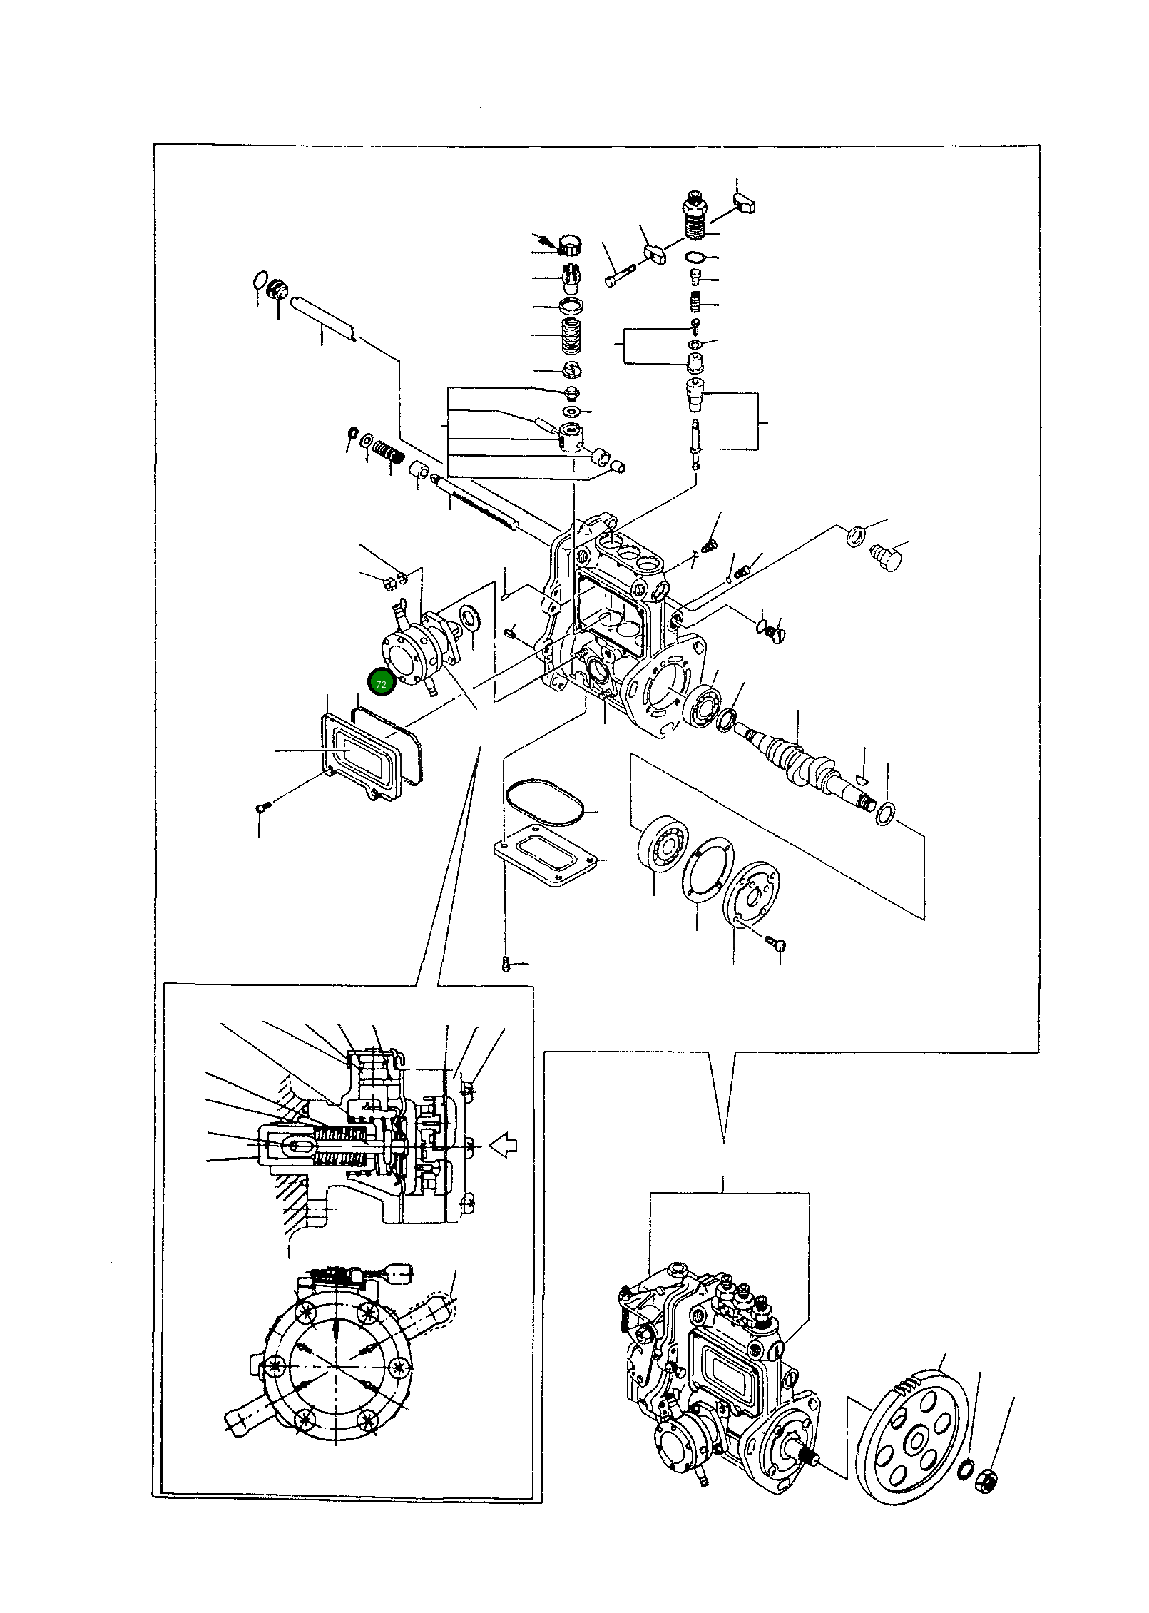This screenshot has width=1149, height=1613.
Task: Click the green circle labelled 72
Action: click(x=381, y=683)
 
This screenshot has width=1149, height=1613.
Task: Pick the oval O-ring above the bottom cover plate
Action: click(x=546, y=803)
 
